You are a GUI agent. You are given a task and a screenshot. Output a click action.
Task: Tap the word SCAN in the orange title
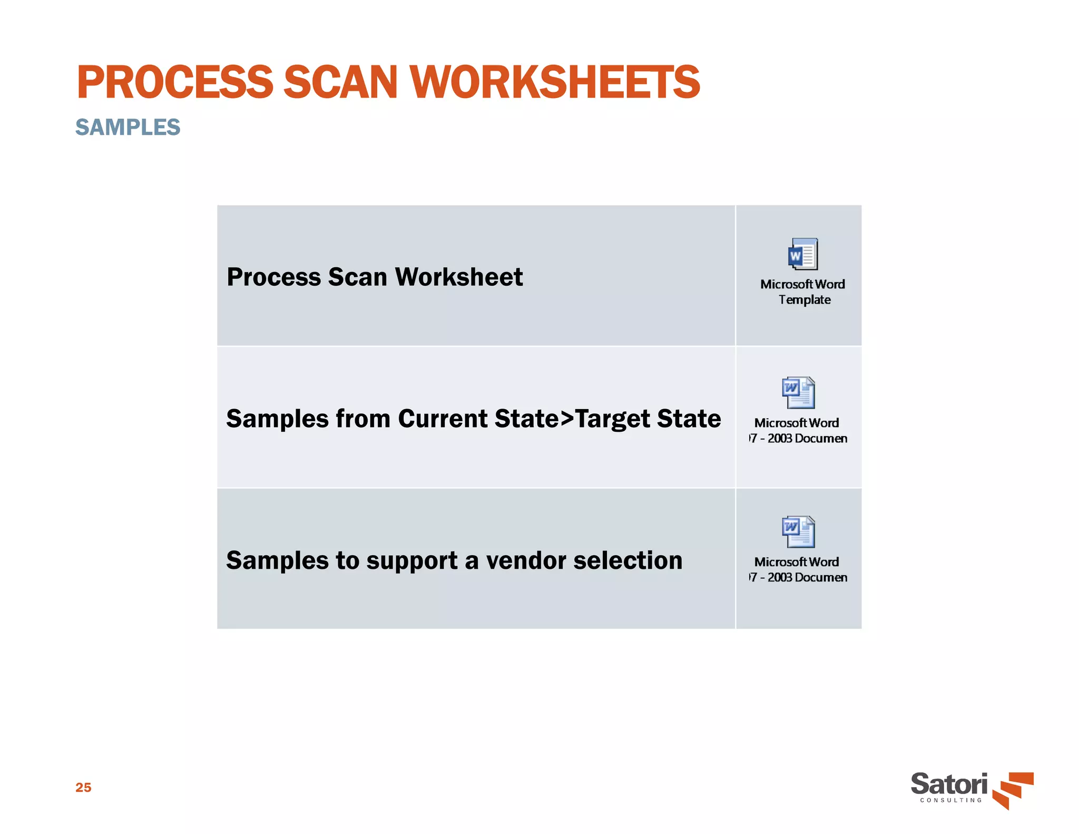340,82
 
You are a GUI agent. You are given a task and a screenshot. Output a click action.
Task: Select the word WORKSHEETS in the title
555,82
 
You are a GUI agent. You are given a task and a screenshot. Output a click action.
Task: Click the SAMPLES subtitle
127,127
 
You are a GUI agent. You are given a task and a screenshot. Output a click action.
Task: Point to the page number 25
83,787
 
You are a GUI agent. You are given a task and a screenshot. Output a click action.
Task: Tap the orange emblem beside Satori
1013,789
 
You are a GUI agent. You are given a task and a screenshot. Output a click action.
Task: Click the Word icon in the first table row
803,254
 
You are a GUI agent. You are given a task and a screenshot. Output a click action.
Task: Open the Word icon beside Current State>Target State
798,393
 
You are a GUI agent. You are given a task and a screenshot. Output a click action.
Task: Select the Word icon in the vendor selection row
798,532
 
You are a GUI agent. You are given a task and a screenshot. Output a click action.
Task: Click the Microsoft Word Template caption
802,292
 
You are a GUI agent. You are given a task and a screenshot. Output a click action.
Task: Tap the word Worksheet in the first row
458,277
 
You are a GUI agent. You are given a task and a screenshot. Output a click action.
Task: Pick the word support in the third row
412,561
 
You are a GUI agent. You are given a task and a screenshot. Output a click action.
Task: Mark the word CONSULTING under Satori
951,800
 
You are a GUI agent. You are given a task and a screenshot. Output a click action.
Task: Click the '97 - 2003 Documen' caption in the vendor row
798,577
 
